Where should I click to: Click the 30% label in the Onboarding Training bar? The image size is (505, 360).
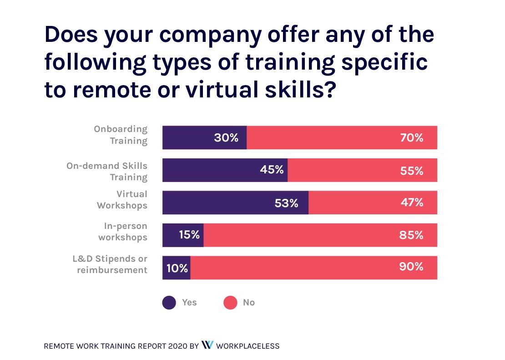[226, 137]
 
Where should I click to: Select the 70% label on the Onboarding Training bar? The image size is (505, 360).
[411, 137]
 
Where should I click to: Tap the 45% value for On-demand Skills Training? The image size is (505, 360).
[272, 170]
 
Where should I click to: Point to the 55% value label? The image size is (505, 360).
[411, 171]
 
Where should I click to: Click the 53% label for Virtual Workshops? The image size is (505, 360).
[286, 203]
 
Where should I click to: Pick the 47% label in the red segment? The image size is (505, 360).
[411, 203]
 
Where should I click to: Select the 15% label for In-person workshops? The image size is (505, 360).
[189, 235]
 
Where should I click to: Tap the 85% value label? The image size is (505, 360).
[411, 235]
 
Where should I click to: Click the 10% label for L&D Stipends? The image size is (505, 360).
[177, 268]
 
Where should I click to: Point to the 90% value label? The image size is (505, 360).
[411, 267]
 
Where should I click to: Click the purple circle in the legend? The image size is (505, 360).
[169, 303]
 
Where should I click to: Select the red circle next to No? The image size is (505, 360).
[231, 303]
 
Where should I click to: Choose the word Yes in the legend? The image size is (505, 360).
[189, 302]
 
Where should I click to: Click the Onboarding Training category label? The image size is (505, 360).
[121, 135]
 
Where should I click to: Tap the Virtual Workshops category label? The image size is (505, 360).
[122, 200]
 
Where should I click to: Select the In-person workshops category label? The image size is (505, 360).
[123, 231]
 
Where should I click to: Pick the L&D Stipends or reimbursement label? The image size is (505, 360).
[110, 264]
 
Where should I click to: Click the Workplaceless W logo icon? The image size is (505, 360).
[207, 345]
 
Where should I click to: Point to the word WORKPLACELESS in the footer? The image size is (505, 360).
[247, 346]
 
